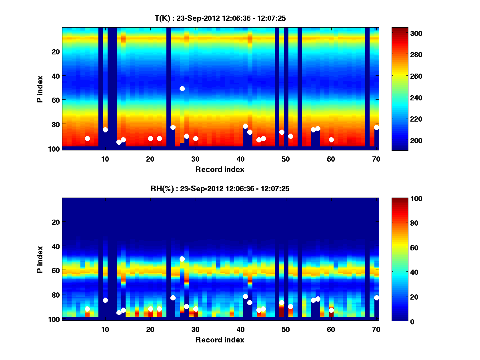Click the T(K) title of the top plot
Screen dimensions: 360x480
[x=220, y=18]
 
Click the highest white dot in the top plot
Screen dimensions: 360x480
[x=182, y=88]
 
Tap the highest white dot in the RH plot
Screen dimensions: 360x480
[x=182, y=259]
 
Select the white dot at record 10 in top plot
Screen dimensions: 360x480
[x=105, y=130]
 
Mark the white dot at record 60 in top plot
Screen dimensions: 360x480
[x=331, y=140]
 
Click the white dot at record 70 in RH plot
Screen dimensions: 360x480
[x=376, y=298]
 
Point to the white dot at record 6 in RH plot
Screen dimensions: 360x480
[x=87, y=309]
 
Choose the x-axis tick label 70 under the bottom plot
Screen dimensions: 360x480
[x=376, y=330]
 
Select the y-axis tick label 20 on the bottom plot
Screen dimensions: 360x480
[x=56, y=222]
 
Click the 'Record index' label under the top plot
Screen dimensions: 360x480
[x=220, y=169]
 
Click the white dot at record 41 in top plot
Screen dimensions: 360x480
[x=245, y=126]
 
